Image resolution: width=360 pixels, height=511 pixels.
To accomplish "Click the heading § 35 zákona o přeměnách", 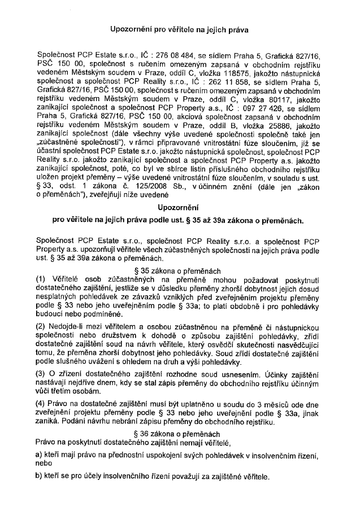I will click(x=180, y=271).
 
